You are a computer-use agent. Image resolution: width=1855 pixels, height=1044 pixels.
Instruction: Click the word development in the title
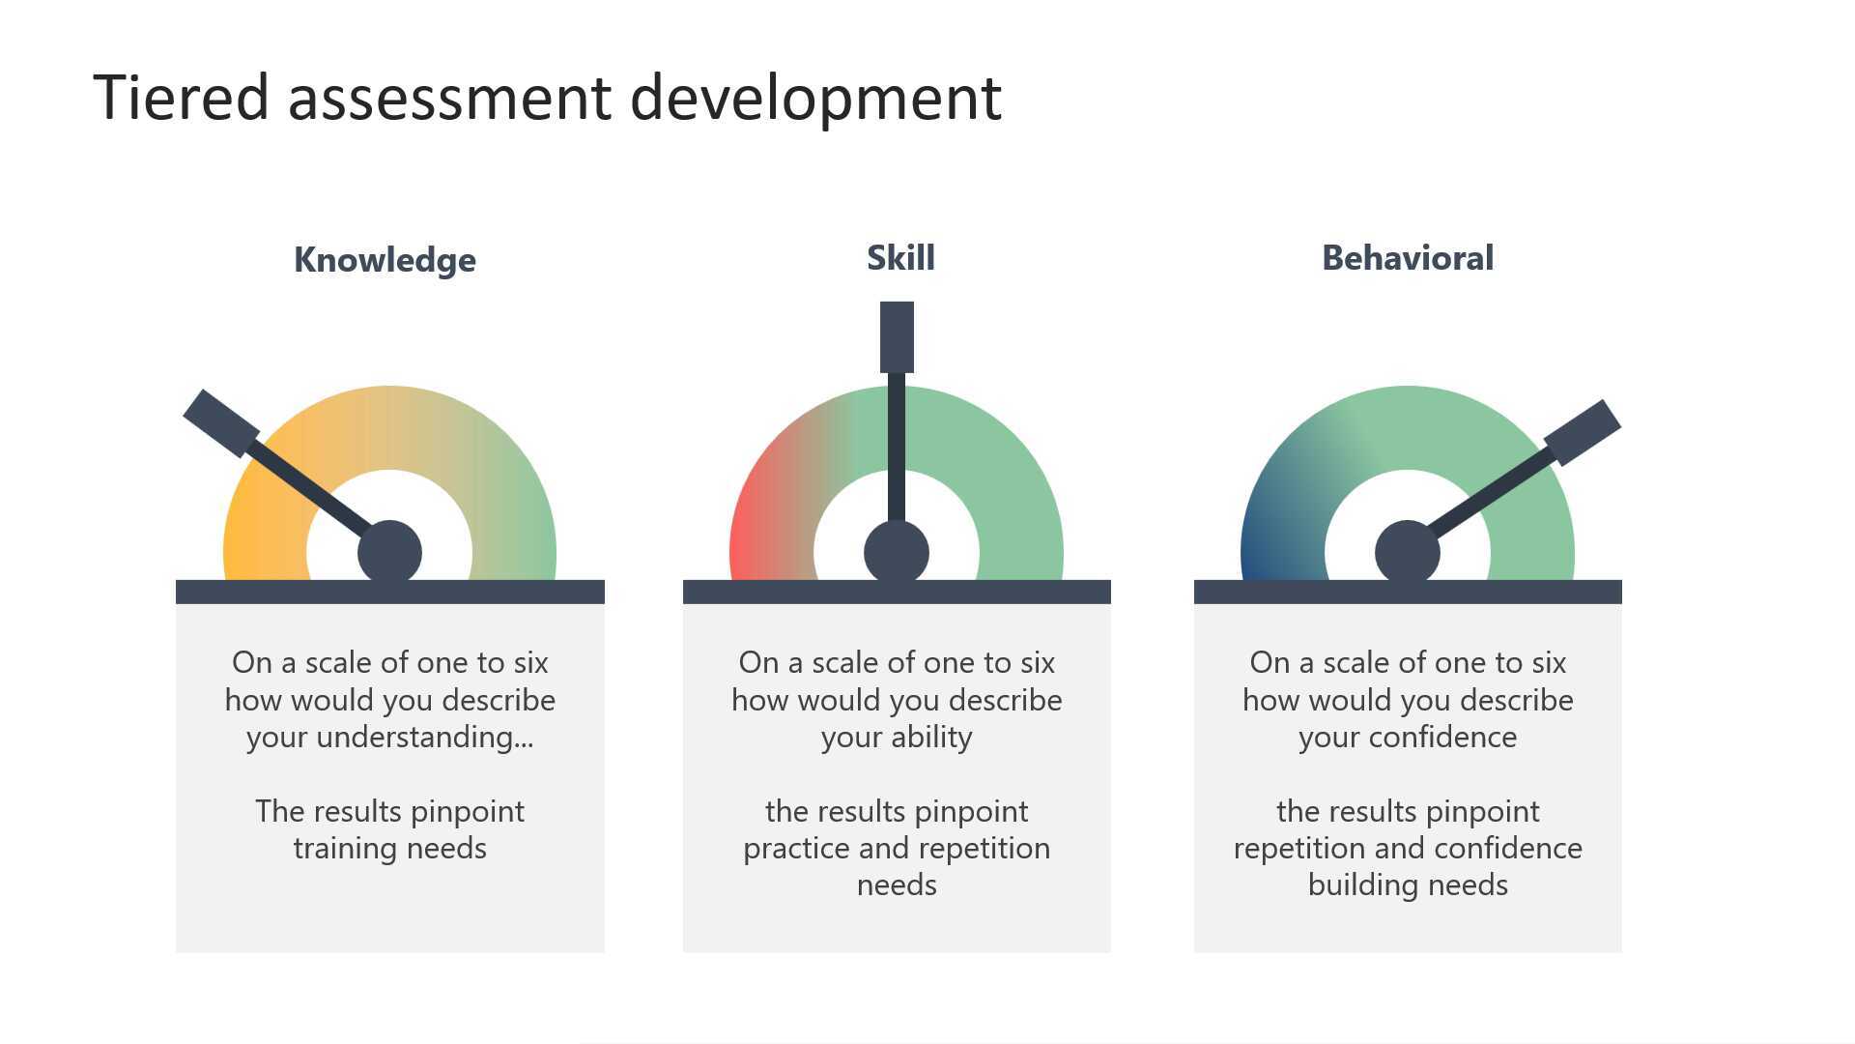pyautogui.click(x=815, y=99)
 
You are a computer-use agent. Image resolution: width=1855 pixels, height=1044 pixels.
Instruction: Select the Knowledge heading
pyautogui.click(x=385, y=259)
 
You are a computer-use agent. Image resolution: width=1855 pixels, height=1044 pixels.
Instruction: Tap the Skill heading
pyautogui.click(x=900, y=257)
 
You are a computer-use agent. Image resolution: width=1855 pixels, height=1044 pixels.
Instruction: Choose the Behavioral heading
pyautogui.click(x=1407, y=257)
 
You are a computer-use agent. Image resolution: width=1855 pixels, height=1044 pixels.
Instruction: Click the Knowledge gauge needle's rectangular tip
pyautogui.click(x=221, y=423)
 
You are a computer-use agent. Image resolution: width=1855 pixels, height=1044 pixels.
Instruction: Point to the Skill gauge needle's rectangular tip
pyautogui.click(x=897, y=336)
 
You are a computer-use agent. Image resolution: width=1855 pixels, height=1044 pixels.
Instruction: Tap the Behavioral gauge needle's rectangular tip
pyautogui.click(x=1583, y=432)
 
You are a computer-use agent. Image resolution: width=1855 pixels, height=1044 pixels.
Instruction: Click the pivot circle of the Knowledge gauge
pyautogui.click(x=389, y=553)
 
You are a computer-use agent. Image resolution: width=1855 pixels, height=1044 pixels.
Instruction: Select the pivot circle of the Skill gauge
pyautogui.click(x=897, y=553)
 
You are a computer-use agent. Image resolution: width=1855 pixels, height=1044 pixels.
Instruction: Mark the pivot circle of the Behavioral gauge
pyautogui.click(x=1407, y=553)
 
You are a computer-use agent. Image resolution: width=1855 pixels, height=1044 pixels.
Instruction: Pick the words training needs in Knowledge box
pyautogui.click(x=389, y=848)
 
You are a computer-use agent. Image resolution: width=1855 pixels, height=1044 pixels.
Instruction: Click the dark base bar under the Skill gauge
pyautogui.click(x=897, y=592)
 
